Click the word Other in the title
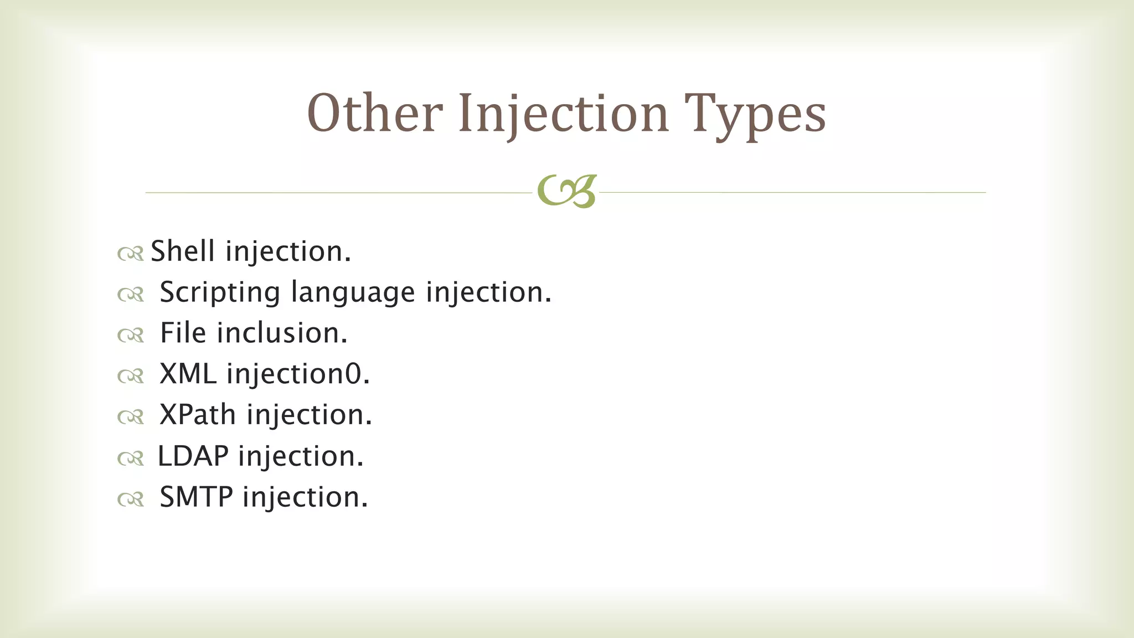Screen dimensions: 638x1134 click(x=374, y=114)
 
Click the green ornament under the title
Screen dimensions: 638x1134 click(x=566, y=192)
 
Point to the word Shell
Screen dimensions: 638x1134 click(x=183, y=251)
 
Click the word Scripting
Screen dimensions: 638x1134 click(x=220, y=292)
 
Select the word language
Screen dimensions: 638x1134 click(x=353, y=292)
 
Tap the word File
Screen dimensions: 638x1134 click(x=183, y=333)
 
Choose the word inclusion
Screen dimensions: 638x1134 click(x=282, y=333)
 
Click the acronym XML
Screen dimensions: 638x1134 click(x=188, y=374)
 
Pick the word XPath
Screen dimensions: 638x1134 click(x=198, y=415)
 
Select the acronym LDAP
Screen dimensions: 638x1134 click(x=193, y=456)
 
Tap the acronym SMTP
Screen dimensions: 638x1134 click(x=196, y=497)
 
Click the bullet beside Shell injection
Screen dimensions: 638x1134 click(x=131, y=254)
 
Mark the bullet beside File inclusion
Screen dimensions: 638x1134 click(x=131, y=336)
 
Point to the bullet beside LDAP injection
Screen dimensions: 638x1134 click(x=131, y=459)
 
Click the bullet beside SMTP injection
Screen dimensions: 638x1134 click(x=131, y=500)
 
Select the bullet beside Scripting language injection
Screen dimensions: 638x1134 click(x=131, y=295)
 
